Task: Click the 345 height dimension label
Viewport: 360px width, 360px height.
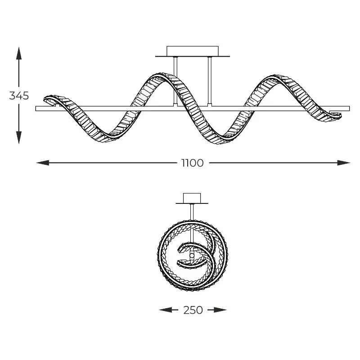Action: (19, 95)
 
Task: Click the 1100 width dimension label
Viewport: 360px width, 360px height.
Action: (193, 163)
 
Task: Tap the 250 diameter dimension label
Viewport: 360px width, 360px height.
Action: (193, 310)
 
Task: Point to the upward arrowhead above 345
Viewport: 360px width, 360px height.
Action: (19, 53)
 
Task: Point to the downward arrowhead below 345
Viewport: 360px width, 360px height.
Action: (19, 138)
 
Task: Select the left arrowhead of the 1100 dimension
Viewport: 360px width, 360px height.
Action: (43, 163)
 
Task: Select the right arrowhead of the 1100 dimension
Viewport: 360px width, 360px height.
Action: (344, 163)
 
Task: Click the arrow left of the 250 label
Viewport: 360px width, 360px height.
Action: (168, 310)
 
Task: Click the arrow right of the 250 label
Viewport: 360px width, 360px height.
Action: (217, 310)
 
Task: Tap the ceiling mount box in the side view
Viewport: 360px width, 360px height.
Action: (193, 51)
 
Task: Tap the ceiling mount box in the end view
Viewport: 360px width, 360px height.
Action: (192, 198)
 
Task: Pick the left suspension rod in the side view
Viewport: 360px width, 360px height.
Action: (175, 81)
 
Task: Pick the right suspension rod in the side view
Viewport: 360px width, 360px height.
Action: (209, 81)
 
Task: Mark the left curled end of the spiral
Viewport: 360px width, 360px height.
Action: (50, 100)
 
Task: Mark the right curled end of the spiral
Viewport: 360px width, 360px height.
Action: (335, 115)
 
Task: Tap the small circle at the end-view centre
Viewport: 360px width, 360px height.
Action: (192, 256)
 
